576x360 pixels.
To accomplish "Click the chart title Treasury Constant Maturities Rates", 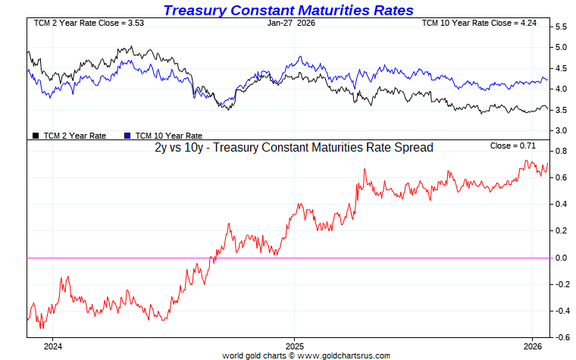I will click(x=288, y=10).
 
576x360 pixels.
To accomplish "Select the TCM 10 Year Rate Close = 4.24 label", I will click(x=478, y=23).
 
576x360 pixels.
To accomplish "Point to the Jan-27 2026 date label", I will click(x=292, y=23).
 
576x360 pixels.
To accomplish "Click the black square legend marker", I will click(x=36, y=136).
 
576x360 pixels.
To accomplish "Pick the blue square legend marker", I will click(x=128, y=136).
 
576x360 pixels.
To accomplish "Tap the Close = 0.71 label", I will click(x=513, y=146).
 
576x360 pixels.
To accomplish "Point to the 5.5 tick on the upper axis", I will click(x=562, y=27).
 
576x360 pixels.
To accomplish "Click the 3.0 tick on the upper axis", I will click(x=562, y=131).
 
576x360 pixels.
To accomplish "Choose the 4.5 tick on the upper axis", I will click(x=562, y=68).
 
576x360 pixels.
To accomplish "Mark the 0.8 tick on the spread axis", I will click(x=562, y=152).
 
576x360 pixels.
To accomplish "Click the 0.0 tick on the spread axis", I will click(x=562, y=258).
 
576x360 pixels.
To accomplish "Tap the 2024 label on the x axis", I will click(x=52, y=347).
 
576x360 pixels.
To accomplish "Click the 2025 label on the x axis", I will click(x=294, y=347).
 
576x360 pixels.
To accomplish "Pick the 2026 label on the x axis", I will click(x=533, y=347).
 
